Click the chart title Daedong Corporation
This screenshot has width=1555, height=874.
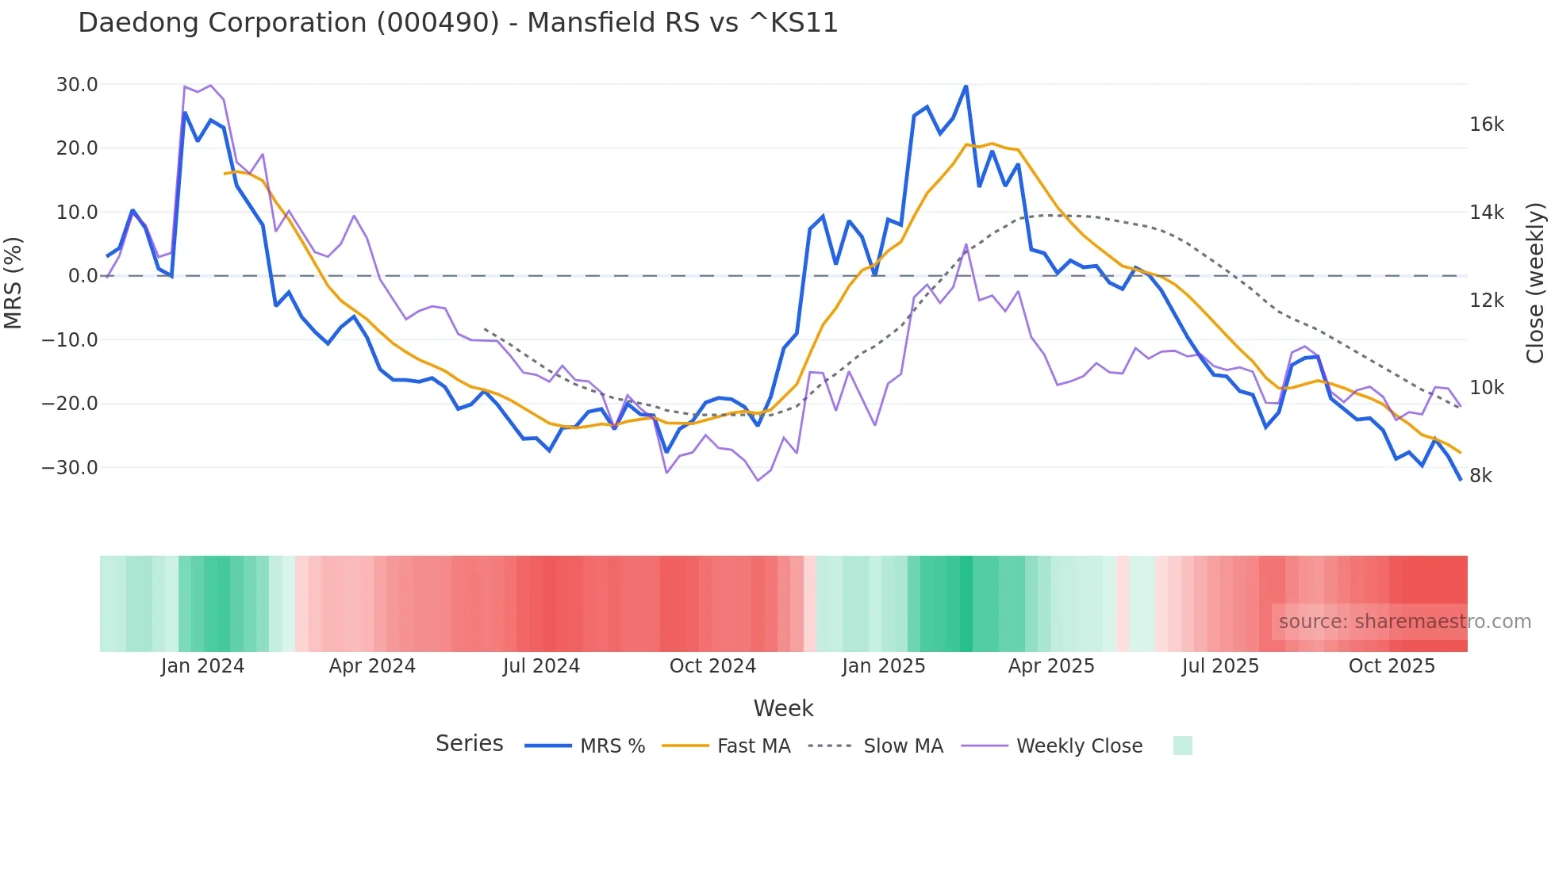(x=458, y=23)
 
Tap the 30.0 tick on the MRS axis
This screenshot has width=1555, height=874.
(x=77, y=85)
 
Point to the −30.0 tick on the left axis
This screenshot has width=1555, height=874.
(x=70, y=468)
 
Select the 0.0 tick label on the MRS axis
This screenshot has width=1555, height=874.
(x=83, y=276)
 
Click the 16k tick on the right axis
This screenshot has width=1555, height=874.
(x=1486, y=125)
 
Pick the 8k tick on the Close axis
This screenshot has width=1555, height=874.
(x=1480, y=476)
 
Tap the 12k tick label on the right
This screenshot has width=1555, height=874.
(x=1486, y=301)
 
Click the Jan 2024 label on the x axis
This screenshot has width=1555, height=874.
(x=202, y=666)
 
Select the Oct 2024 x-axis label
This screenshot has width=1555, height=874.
(x=712, y=666)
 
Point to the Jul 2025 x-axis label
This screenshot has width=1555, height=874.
(x=1220, y=666)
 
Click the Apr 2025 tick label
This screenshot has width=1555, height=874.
(x=1051, y=666)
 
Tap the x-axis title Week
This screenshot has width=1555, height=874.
(x=783, y=708)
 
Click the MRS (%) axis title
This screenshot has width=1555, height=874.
(x=13, y=282)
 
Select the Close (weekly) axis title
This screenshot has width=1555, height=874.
(x=1535, y=282)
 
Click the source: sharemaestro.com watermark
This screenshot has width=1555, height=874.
(x=1404, y=622)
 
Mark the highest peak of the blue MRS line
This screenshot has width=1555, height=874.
(x=966, y=86)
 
